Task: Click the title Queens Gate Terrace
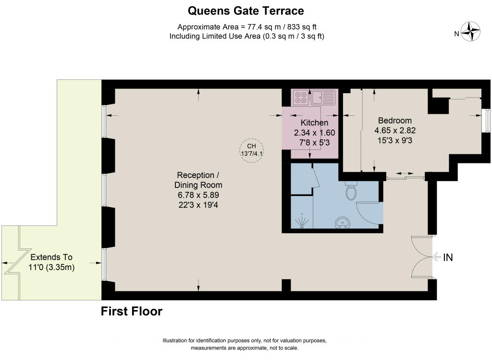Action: [x=246, y=10]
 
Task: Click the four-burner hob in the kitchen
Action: [x=301, y=98]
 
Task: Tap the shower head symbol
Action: [x=301, y=222]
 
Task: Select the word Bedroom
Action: [x=395, y=120]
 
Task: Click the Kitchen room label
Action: [x=314, y=124]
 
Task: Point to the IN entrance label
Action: [x=448, y=258]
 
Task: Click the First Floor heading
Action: [x=131, y=311]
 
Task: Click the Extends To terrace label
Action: [x=52, y=257]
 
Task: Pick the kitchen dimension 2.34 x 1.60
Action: [x=314, y=133]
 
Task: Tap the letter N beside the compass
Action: [x=457, y=34]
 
